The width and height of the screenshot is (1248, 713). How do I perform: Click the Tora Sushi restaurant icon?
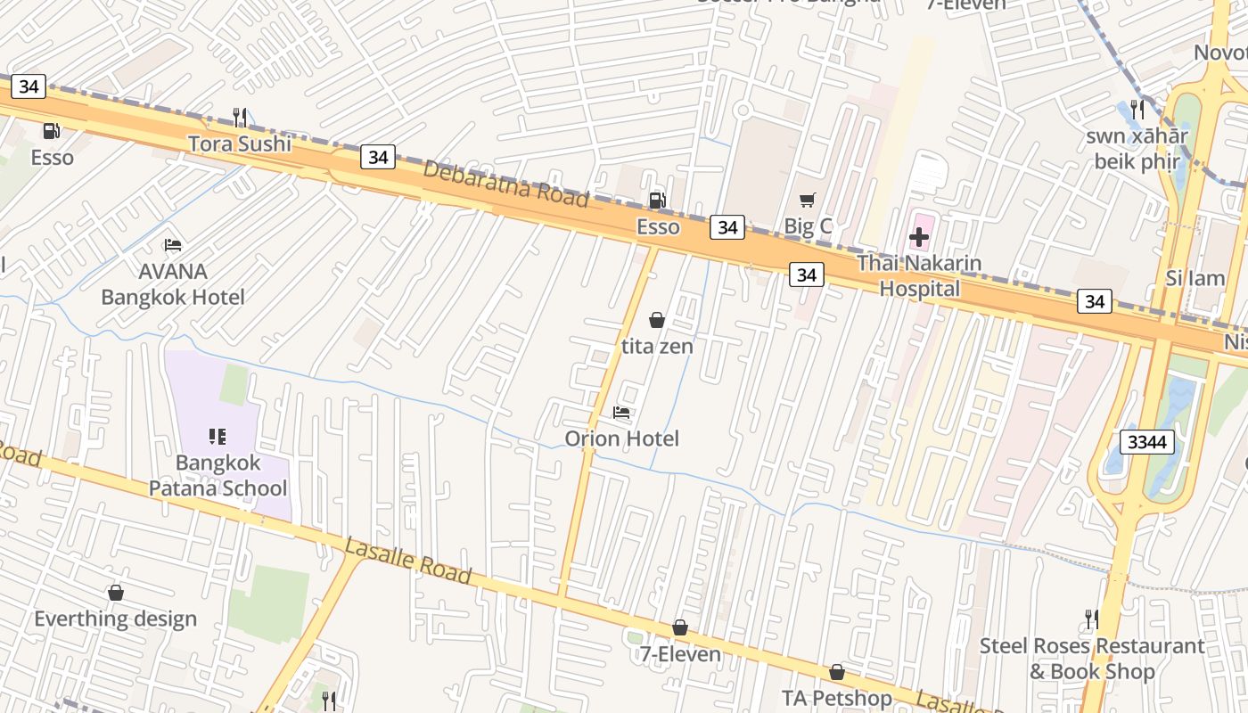click(x=239, y=117)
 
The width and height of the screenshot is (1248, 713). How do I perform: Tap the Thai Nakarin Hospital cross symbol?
click(x=919, y=238)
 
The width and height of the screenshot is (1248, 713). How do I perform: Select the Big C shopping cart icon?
click(x=808, y=201)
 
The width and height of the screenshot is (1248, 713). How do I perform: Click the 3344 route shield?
click(x=1145, y=442)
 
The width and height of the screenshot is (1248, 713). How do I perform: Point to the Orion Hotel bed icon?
click(x=621, y=413)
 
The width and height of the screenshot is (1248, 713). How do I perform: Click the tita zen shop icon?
click(x=657, y=320)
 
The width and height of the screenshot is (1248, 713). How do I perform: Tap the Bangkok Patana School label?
click(x=218, y=475)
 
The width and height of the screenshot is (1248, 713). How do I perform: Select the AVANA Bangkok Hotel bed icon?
click(x=173, y=245)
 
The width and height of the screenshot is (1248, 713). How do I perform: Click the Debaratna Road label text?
click(x=505, y=183)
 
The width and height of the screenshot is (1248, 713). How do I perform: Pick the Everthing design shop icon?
click(x=115, y=593)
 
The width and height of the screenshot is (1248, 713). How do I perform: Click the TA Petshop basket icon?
click(x=836, y=672)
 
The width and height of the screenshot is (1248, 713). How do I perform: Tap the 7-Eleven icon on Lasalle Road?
click(x=680, y=628)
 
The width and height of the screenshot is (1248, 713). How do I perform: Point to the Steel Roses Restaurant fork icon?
click(x=1091, y=619)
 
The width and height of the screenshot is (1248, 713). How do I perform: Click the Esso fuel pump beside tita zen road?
click(x=657, y=201)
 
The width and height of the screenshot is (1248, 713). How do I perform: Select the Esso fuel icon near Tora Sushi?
click(x=52, y=131)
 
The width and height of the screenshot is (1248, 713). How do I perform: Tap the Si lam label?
click(x=1195, y=278)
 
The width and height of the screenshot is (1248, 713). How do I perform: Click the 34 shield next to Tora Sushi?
click(x=378, y=158)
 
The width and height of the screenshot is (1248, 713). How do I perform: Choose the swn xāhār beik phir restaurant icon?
click(x=1137, y=110)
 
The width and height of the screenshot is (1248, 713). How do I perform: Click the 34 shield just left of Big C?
click(x=727, y=227)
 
